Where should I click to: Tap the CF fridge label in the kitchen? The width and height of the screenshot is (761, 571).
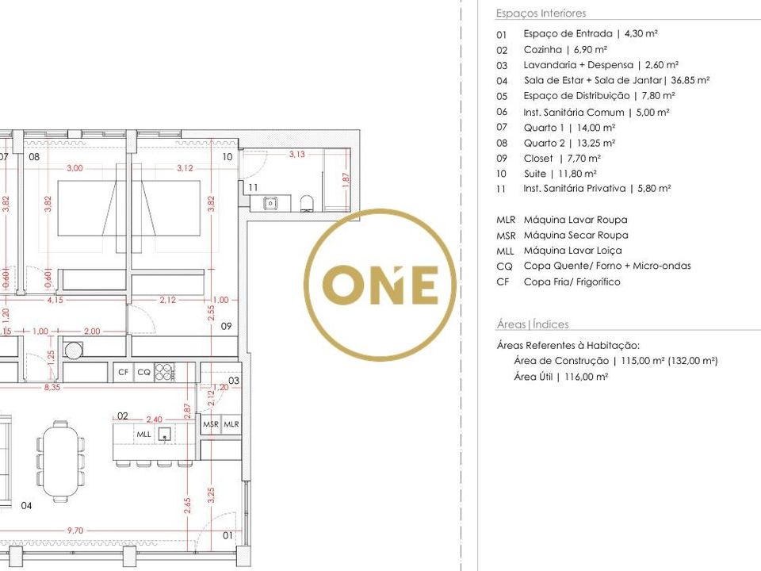pos(124,372)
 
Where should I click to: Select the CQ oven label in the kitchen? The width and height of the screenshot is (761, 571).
pos(143,372)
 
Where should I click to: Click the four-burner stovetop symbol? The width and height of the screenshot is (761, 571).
pos(165,372)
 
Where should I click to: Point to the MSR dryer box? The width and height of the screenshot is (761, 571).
pos(211,423)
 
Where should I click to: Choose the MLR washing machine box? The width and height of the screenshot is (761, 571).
pos(231,423)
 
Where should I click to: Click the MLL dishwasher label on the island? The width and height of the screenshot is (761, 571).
pos(143,434)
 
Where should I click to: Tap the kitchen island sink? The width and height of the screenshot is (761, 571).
pos(165,434)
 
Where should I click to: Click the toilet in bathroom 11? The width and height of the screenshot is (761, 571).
pos(308,204)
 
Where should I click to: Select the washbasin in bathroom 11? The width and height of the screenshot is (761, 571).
pos(271,203)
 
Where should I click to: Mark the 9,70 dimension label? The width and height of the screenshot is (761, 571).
pos(75,531)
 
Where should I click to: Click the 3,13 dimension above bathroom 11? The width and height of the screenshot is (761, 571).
pos(297,155)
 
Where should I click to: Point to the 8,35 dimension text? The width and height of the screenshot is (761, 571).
pos(52,388)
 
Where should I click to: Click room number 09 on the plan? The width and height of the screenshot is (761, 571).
pos(226,326)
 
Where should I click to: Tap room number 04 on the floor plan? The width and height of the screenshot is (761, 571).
pos(26,505)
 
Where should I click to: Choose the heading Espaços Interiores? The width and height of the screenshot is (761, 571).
pos(541,13)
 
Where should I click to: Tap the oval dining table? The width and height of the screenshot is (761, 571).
pos(61,462)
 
